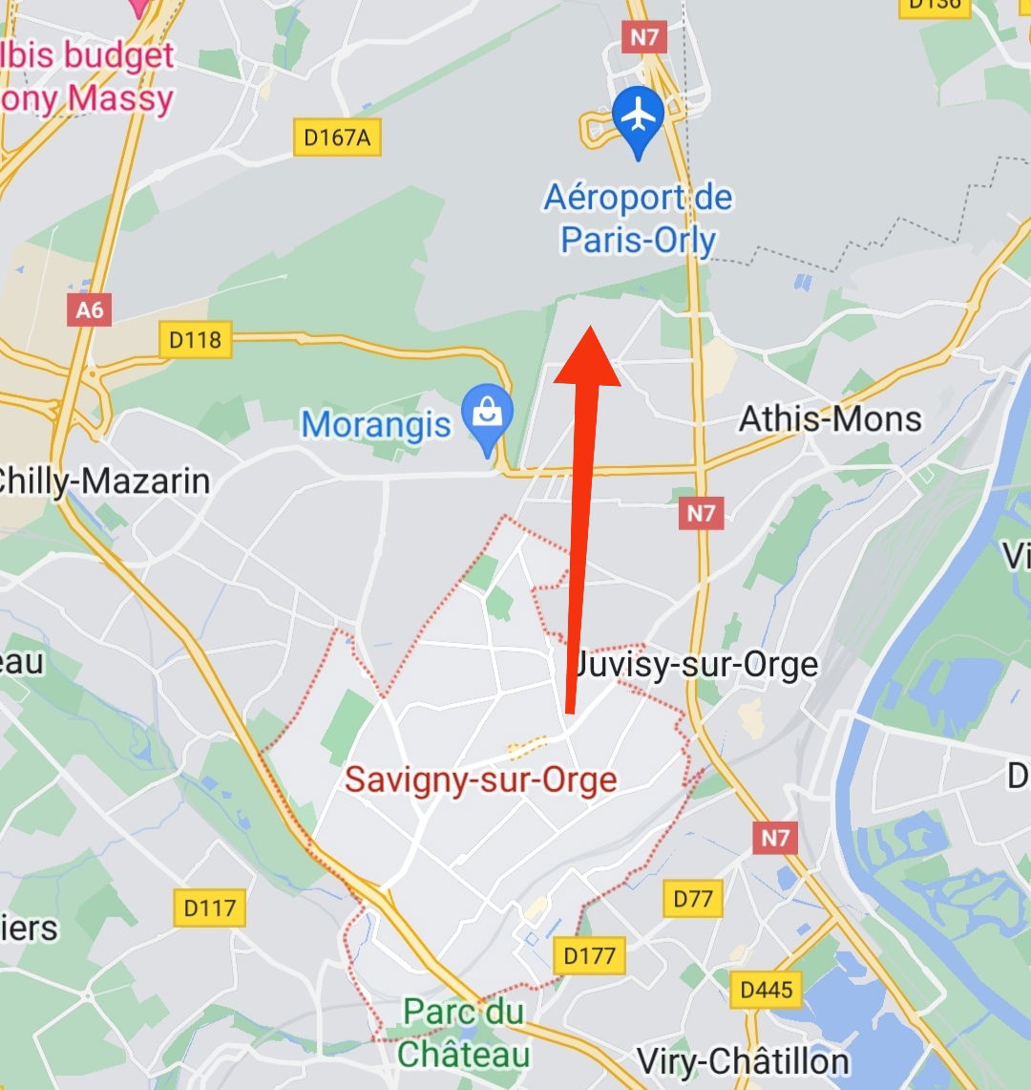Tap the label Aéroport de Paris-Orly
click(x=638, y=219)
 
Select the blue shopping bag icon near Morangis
click(x=488, y=416)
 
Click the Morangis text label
click(x=376, y=424)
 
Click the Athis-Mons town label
click(x=831, y=418)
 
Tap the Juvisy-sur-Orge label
click(x=697, y=665)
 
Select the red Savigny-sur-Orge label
click(x=481, y=780)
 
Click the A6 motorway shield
click(x=90, y=310)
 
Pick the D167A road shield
click(x=337, y=138)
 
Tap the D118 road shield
click(x=195, y=339)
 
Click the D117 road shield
click(x=210, y=907)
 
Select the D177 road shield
click(x=590, y=954)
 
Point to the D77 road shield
click(x=693, y=898)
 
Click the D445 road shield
click(x=766, y=990)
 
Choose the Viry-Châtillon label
click(x=743, y=1061)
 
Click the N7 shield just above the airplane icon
click(x=643, y=37)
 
